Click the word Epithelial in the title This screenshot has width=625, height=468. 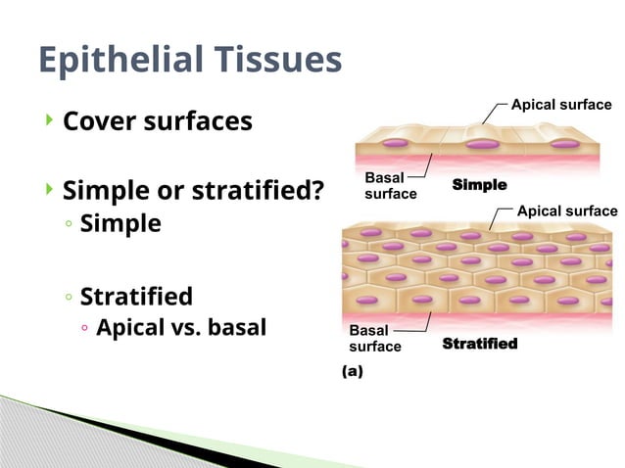117,61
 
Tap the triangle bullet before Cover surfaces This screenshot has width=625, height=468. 49,120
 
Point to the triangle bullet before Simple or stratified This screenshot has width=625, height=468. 49,188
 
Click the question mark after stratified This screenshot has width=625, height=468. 316,189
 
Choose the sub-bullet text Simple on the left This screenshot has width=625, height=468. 120,223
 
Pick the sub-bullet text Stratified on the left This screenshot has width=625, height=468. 136,296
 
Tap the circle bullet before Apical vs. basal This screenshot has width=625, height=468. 85,328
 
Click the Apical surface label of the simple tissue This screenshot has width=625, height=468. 561,105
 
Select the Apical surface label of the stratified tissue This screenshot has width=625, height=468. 566,211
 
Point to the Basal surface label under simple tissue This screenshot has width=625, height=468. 390,185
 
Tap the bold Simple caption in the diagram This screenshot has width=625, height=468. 479,185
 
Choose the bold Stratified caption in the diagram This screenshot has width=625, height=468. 479,344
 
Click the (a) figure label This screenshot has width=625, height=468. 351,371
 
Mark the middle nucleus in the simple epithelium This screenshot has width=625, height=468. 481,144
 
